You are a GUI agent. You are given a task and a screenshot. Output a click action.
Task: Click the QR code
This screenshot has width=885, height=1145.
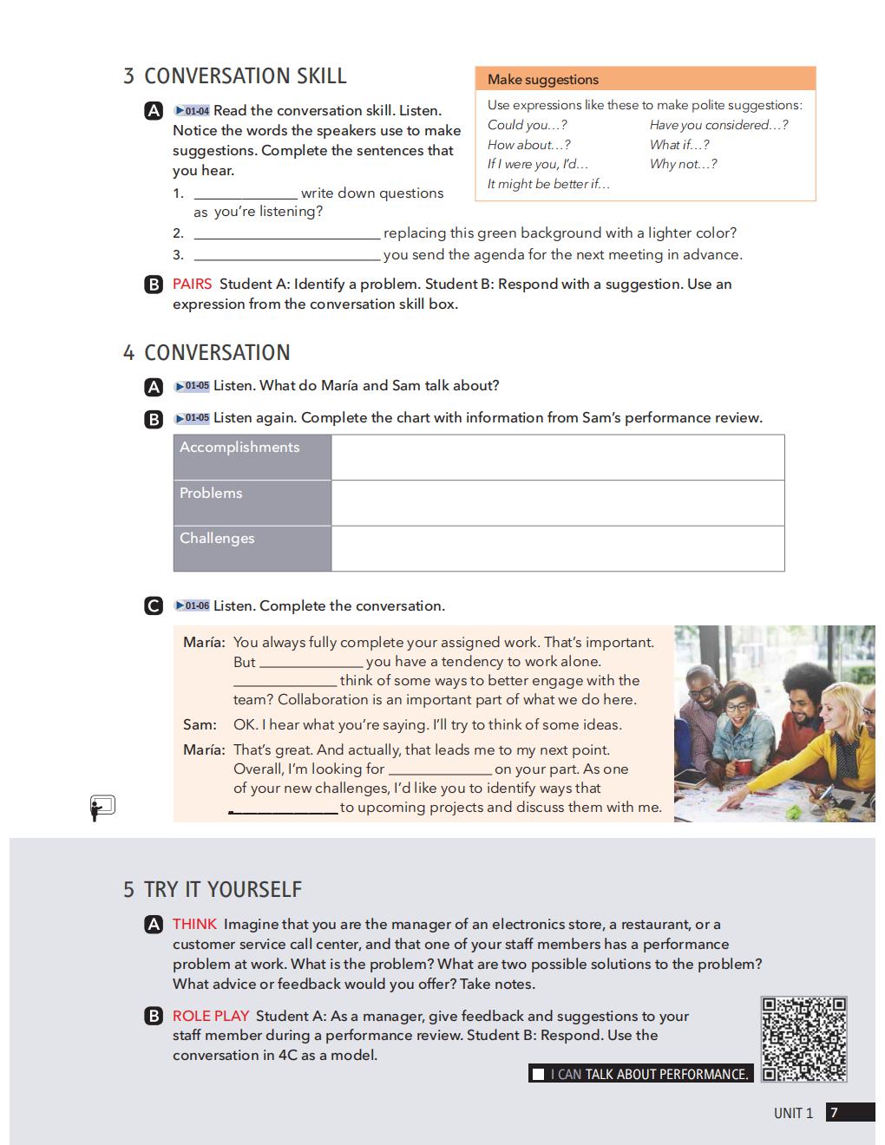click(x=804, y=1038)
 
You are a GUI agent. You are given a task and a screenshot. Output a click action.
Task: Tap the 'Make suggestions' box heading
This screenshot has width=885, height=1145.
click(x=543, y=80)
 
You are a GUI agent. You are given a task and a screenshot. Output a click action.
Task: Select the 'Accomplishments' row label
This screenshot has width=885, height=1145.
click(x=239, y=448)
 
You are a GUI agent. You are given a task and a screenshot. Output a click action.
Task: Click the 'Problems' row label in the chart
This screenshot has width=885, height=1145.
click(x=211, y=493)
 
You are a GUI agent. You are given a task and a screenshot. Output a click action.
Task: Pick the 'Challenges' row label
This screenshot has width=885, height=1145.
click(x=217, y=538)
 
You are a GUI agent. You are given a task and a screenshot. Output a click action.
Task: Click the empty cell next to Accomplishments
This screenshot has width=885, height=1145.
click(x=557, y=457)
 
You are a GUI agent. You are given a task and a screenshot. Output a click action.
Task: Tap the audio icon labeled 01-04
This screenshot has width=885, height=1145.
click(x=192, y=111)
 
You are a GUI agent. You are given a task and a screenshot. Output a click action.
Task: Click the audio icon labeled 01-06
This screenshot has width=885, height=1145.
click(x=192, y=605)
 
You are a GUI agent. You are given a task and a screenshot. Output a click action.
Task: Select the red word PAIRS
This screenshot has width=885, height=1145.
click(x=192, y=284)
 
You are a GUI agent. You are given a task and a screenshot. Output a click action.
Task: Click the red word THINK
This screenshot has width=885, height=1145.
click(x=194, y=924)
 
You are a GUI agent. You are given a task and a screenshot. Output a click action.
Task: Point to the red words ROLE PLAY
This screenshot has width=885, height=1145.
click(x=211, y=1016)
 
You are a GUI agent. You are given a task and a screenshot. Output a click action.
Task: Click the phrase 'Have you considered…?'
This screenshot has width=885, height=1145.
click(x=718, y=125)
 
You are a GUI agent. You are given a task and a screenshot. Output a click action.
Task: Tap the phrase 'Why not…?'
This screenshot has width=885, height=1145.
click(x=683, y=164)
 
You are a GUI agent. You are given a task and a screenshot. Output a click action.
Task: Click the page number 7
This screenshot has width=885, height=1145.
click(x=834, y=1113)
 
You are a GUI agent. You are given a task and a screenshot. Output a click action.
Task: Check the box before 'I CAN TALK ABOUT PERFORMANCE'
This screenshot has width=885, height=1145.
click(x=539, y=1074)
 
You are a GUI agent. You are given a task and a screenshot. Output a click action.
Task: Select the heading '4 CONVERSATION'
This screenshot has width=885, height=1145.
click(x=206, y=353)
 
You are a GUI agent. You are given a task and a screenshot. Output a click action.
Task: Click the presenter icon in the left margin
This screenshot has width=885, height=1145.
click(x=102, y=808)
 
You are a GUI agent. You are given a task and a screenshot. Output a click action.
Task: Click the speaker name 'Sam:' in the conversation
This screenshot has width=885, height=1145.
click(x=200, y=724)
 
